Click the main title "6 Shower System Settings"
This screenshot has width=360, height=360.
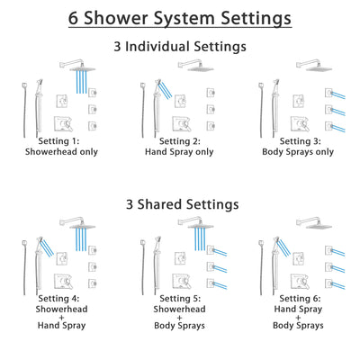(x=180, y=17)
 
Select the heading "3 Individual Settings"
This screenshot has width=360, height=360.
(x=180, y=46)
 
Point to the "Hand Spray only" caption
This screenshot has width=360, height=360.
(x=178, y=152)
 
